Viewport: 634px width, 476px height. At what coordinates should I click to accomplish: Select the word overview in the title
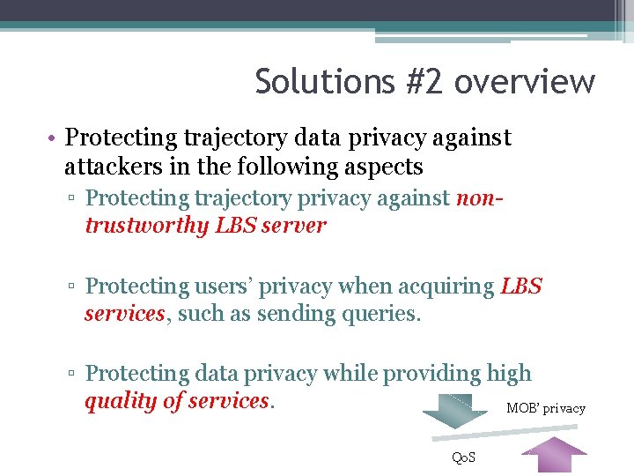tap(525, 82)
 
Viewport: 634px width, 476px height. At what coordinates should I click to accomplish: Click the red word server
tap(297, 225)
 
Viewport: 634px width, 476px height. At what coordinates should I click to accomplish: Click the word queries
tap(376, 313)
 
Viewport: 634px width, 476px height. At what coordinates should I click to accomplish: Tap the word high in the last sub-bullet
tap(509, 374)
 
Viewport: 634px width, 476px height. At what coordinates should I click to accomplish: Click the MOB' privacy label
tap(546, 408)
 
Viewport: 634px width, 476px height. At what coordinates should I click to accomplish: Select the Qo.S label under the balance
tap(463, 457)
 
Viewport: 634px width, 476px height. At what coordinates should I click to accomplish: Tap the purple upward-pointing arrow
tap(554, 457)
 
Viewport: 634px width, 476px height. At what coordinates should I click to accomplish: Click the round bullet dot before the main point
tap(54, 138)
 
